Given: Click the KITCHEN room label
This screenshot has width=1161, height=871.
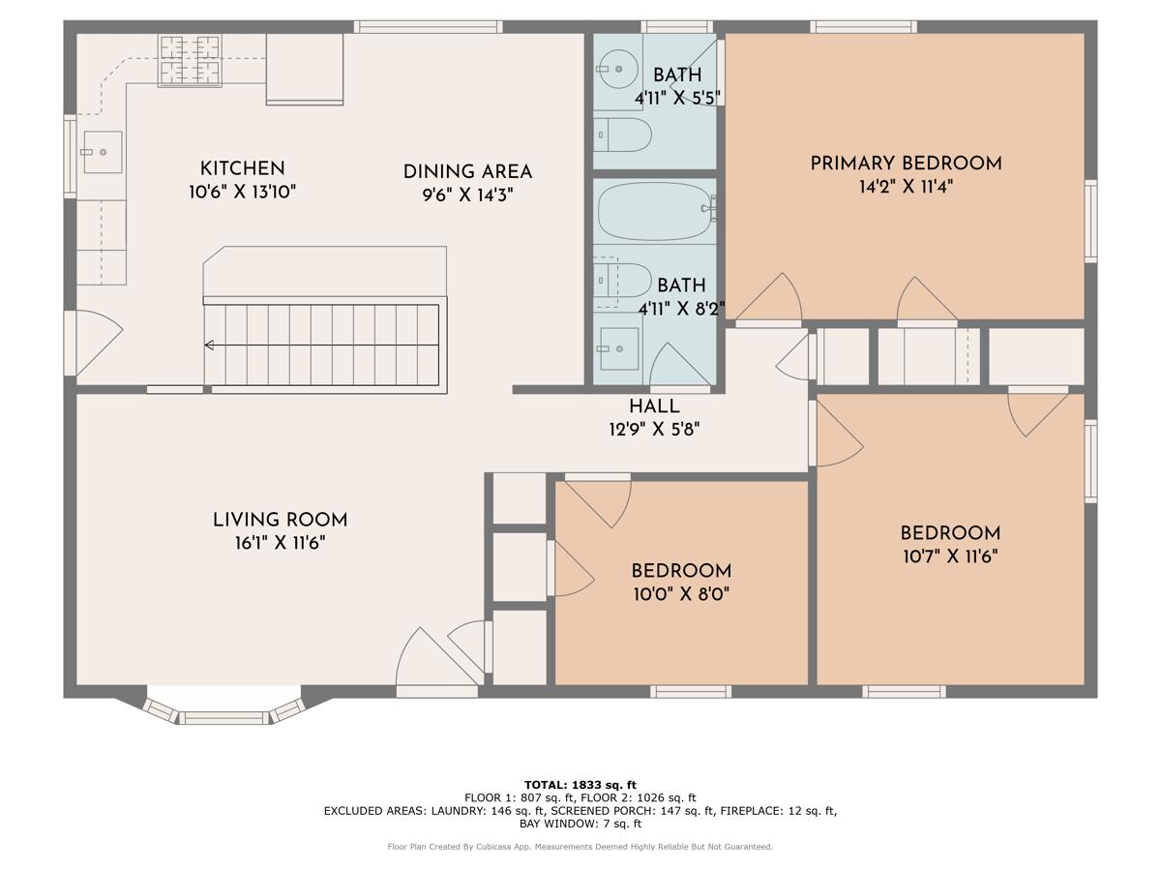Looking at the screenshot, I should [x=242, y=168].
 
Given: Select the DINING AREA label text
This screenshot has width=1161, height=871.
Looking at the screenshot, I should [x=467, y=172].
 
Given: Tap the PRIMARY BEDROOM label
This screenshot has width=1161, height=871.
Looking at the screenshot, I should [x=906, y=163].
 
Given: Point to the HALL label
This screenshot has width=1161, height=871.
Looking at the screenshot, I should [x=654, y=406].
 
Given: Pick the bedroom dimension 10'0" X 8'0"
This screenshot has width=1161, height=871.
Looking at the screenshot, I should [x=681, y=593].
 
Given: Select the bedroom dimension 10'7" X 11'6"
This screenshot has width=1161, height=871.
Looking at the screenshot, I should [x=949, y=556].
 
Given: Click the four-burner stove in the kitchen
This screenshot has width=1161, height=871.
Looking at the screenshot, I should [x=190, y=60].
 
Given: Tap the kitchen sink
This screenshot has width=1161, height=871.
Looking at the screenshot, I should [x=102, y=152].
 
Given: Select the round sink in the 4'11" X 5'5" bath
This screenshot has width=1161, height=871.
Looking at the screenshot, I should [x=611, y=69].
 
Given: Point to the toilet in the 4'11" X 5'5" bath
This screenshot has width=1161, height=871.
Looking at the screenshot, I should [x=621, y=133].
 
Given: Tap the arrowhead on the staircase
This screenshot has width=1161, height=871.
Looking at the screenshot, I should [x=209, y=345].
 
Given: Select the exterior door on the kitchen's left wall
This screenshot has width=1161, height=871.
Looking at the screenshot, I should [x=70, y=343].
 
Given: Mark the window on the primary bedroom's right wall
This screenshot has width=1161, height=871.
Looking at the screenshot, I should [x=1090, y=221].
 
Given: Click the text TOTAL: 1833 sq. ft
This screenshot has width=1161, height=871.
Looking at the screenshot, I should [x=580, y=784].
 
